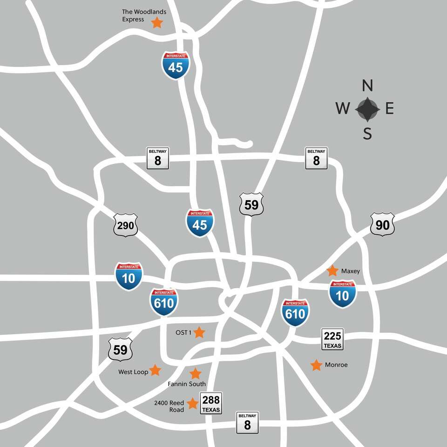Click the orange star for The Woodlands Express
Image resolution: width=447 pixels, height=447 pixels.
[157, 22]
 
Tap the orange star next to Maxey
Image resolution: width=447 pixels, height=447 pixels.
[332, 271]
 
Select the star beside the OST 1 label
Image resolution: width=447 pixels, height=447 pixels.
[199, 332]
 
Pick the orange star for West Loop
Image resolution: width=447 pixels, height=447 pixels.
[155, 370]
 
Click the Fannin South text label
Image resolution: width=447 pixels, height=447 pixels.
[187, 384]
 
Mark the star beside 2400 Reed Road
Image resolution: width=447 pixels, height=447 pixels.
[192, 403]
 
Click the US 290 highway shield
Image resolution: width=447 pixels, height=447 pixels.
[126, 225]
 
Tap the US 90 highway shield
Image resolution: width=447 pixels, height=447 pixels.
[382, 225]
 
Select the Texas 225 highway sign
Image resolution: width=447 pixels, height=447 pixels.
[332, 339]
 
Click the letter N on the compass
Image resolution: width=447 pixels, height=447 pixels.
[367, 86]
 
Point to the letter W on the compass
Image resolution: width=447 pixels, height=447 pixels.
[343, 109]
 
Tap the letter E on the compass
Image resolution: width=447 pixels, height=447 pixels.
[390, 109]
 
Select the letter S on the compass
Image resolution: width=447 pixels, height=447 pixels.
[367, 134]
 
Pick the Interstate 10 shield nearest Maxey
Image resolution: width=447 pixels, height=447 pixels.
[342, 294]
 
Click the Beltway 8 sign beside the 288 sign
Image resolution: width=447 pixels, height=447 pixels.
[247, 422]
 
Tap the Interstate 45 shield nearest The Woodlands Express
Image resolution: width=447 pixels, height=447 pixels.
[176, 65]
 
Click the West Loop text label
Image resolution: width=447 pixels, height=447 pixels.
[133, 372]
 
